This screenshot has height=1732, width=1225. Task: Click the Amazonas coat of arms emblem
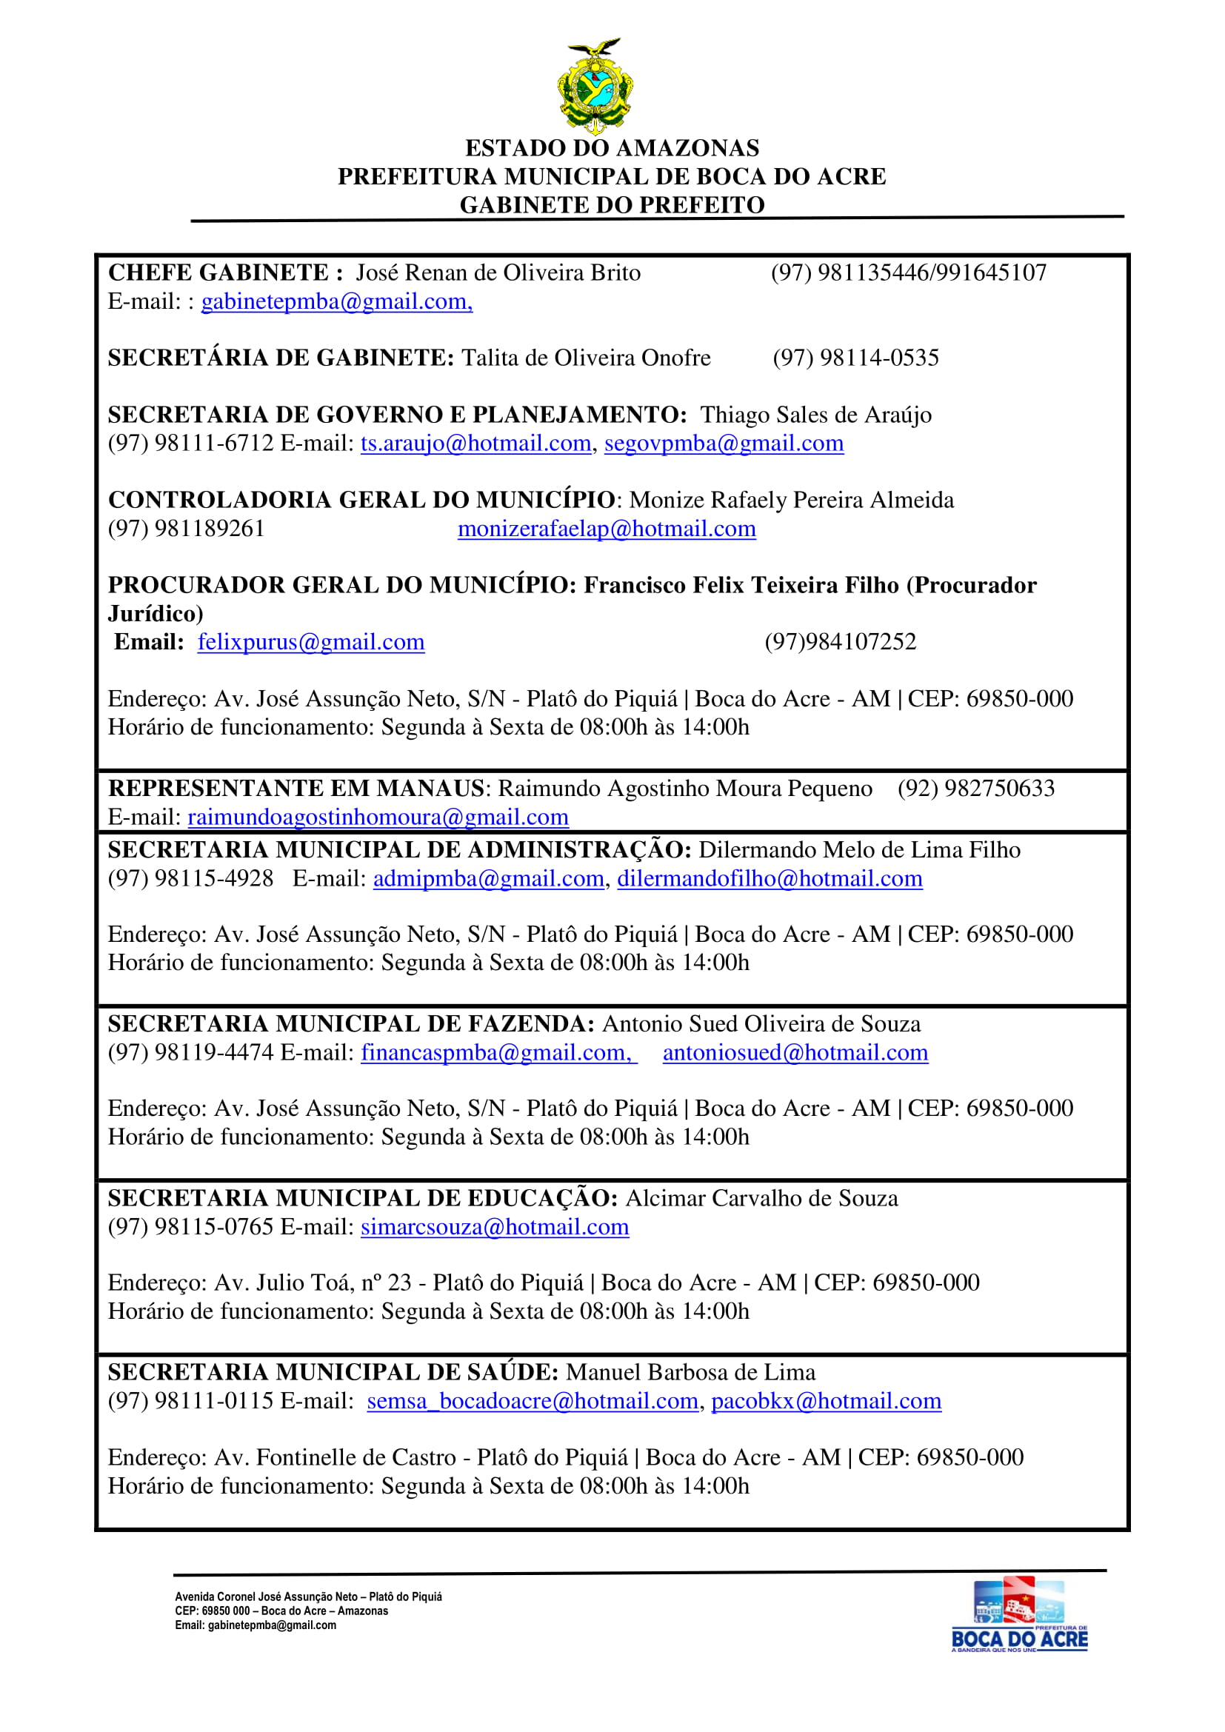pyautogui.click(x=595, y=85)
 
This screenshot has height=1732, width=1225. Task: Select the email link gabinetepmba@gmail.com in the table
pyautogui.click(x=336, y=301)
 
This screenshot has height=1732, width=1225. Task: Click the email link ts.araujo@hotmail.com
pyautogui.click(x=475, y=444)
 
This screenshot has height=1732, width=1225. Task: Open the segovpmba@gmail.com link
pyautogui.click(x=724, y=444)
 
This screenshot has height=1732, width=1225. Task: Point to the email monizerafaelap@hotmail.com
pyautogui.click(x=607, y=529)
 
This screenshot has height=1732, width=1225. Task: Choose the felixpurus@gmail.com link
pyautogui.click(x=311, y=642)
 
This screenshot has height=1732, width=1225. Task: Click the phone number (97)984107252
pyautogui.click(x=841, y=642)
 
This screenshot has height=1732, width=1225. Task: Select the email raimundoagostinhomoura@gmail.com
pyautogui.click(x=378, y=817)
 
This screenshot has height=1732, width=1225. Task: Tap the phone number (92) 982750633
pyautogui.click(x=975, y=789)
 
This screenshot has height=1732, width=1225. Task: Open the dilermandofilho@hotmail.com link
pyautogui.click(x=770, y=879)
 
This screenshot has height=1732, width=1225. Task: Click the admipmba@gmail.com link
pyautogui.click(x=488, y=879)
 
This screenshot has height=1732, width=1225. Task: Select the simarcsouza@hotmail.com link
pyautogui.click(x=494, y=1226)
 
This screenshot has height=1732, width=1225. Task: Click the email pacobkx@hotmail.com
pyautogui.click(x=826, y=1401)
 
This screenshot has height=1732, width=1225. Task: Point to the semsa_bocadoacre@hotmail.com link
pyautogui.click(x=532, y=1401)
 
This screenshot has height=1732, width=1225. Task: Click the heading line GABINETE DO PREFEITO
pyautogui.click(x=612, y=205)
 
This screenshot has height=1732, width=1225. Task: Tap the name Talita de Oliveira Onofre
pyautogui.click(x=585, y=358)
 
